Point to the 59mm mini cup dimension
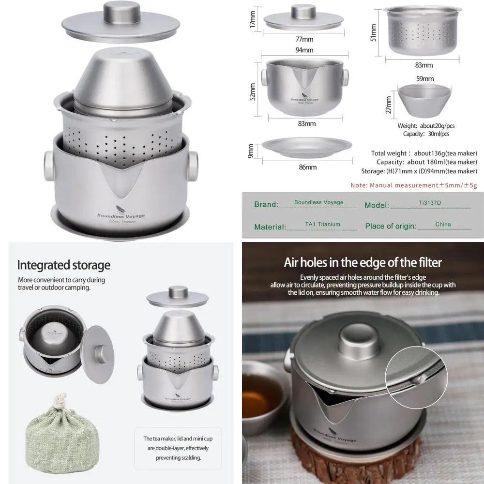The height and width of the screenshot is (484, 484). [x=425, y=78]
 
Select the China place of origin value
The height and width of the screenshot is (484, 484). [x=442, y=224]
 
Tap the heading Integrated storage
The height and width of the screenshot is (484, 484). [x=64, y=265]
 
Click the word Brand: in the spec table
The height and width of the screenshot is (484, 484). [x=266, y=204]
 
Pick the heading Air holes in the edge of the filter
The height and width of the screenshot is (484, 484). [x=363, y=263]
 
